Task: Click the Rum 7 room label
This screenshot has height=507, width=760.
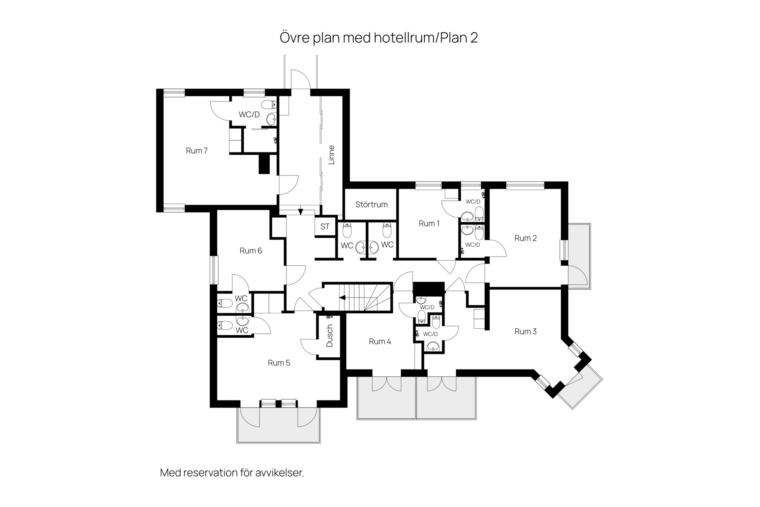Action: coord(197,151)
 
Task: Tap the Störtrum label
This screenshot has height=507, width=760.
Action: coord(371,204)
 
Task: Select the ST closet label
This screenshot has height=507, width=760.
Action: coord(325,227)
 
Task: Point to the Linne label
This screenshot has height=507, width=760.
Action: coord(332,155)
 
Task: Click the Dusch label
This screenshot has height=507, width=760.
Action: coord(330,336)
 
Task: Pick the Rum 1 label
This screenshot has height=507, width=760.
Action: coord(429,223)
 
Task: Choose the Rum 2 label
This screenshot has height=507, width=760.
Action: coord(526,238)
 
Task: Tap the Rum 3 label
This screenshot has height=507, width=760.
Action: coord(526,332)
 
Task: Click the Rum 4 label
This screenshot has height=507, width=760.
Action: coord(380,341)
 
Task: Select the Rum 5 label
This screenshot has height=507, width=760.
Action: coord(279,363)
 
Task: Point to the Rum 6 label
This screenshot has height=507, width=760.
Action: coord(251,251)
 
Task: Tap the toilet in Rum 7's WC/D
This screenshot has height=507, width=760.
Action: coord(271,105)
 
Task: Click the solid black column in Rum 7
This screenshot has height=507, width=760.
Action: coord(264,164)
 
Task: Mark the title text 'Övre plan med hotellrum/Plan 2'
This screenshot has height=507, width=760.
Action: coord(379,38)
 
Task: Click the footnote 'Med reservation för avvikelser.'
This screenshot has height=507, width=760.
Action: coord(232,473)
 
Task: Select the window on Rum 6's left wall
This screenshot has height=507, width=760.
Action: coord(214,270)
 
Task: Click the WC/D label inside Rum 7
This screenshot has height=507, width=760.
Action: coord(249,114)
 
